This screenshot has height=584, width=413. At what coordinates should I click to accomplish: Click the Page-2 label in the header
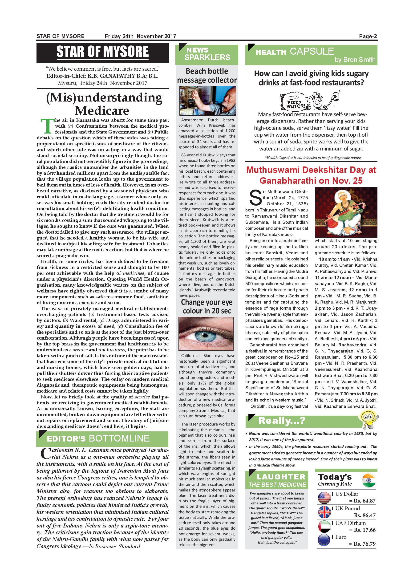[368, 36]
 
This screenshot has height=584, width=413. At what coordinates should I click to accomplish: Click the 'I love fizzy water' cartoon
[311, 101]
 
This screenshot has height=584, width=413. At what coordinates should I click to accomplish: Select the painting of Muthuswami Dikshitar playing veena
[346, 212]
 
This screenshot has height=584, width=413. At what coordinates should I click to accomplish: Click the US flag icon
[324, 498]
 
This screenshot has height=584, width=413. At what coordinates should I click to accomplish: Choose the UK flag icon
[324, 512]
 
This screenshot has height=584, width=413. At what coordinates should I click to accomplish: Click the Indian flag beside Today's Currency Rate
[368, 480]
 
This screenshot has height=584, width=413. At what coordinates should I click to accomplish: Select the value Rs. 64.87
[365, 501]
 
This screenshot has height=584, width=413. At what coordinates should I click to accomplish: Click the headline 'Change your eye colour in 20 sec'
[207, 307]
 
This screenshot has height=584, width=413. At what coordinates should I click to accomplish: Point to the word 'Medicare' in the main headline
[102, 110]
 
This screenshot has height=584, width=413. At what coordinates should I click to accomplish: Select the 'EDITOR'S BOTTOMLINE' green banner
[102, 438]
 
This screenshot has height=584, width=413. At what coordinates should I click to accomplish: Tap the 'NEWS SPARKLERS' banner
[207, 54]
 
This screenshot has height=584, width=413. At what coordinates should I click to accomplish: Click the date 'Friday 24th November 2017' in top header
[140, 36]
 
